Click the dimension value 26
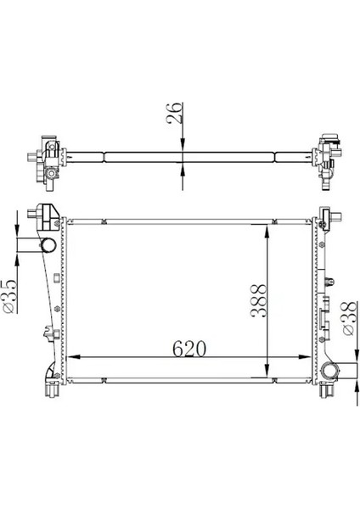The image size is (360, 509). click(174, 113)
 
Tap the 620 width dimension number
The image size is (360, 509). click(189, 349)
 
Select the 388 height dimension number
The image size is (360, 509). click(259, 301)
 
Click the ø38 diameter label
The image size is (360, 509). click(349, 318)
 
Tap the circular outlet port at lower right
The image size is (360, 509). click(329, 371)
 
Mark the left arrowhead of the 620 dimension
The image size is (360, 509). click(73, 357)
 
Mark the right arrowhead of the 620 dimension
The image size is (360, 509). click(304, 357)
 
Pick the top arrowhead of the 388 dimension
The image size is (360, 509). click(267, 231)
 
